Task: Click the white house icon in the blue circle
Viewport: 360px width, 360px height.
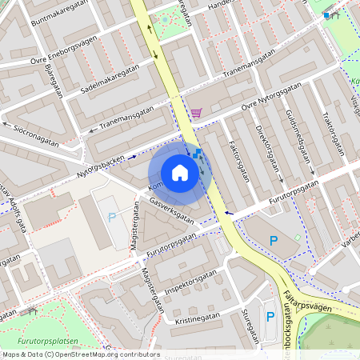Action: tap(180, 173)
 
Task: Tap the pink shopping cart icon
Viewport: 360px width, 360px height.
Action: tap(196, 113)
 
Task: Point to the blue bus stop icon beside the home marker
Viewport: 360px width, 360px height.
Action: tap(196, 154)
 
